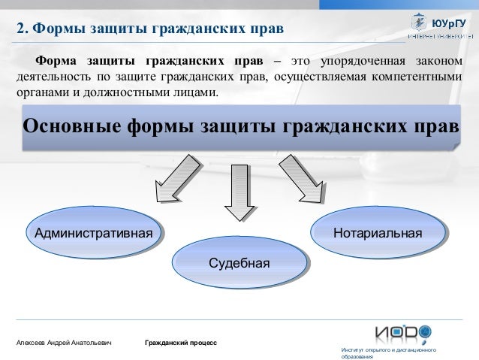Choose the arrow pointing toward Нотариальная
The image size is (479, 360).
304,181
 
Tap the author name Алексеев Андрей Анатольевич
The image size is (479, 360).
64,343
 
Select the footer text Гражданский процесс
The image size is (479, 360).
181,343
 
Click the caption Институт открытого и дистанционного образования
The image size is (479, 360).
388,354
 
